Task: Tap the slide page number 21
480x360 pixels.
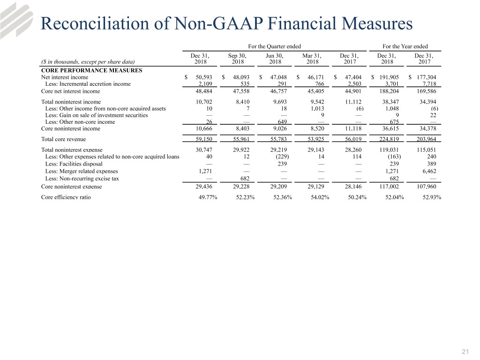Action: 465,352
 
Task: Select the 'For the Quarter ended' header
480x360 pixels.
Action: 274,46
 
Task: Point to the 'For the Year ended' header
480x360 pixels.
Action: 405,46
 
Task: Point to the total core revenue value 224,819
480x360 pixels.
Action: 389,139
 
